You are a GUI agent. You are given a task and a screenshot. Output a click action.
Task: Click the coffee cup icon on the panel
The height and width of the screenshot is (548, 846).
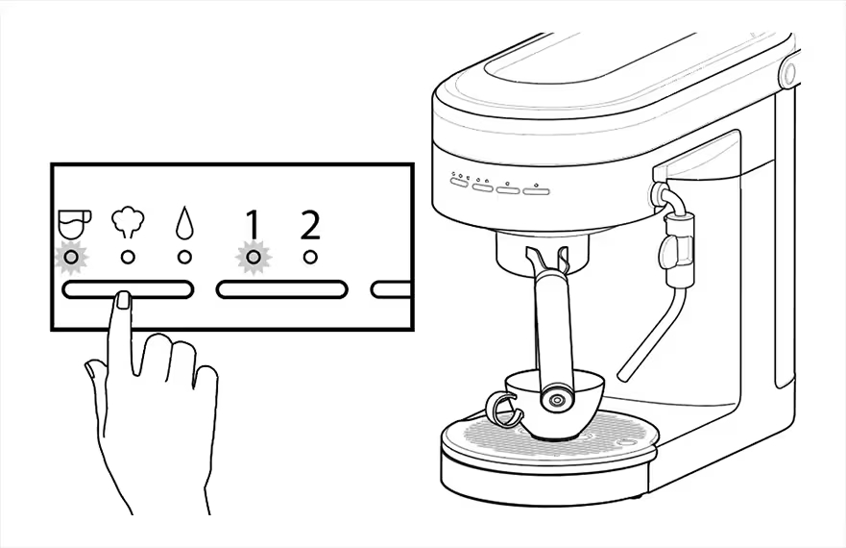(x=74, y=224)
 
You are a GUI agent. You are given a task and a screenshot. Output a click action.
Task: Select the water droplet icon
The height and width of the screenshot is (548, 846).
(x=184, y=222)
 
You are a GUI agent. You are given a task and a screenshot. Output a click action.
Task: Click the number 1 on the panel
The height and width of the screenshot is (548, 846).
(x=252, y=224)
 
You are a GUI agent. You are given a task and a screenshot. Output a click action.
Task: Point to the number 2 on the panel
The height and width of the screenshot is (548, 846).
(x=310, y=224)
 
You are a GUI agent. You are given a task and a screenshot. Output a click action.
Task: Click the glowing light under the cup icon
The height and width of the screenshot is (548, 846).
(x=71, y=258)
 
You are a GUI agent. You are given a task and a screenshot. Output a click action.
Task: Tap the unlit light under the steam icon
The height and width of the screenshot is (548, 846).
(x=128, y=258)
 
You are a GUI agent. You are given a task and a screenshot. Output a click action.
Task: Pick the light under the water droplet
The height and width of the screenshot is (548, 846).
(x=184, y=258)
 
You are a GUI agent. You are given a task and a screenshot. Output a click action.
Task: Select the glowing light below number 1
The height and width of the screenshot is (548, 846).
(x=254, y=258)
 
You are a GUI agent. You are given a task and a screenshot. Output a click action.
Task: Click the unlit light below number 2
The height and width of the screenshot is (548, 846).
(x=310, y=258)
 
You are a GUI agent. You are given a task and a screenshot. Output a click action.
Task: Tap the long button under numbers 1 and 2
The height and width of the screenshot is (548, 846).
(x=281, y=289)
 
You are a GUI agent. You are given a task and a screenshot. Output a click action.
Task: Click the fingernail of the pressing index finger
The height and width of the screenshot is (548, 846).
(x=124, y=300)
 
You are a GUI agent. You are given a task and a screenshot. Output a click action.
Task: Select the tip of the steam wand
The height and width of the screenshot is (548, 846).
(x=622, y=376)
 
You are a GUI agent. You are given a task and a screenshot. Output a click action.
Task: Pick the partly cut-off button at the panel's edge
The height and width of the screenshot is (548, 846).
(x=391, y=289)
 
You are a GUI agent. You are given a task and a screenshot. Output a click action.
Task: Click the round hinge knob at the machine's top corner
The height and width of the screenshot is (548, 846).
(x=788, y=72)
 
